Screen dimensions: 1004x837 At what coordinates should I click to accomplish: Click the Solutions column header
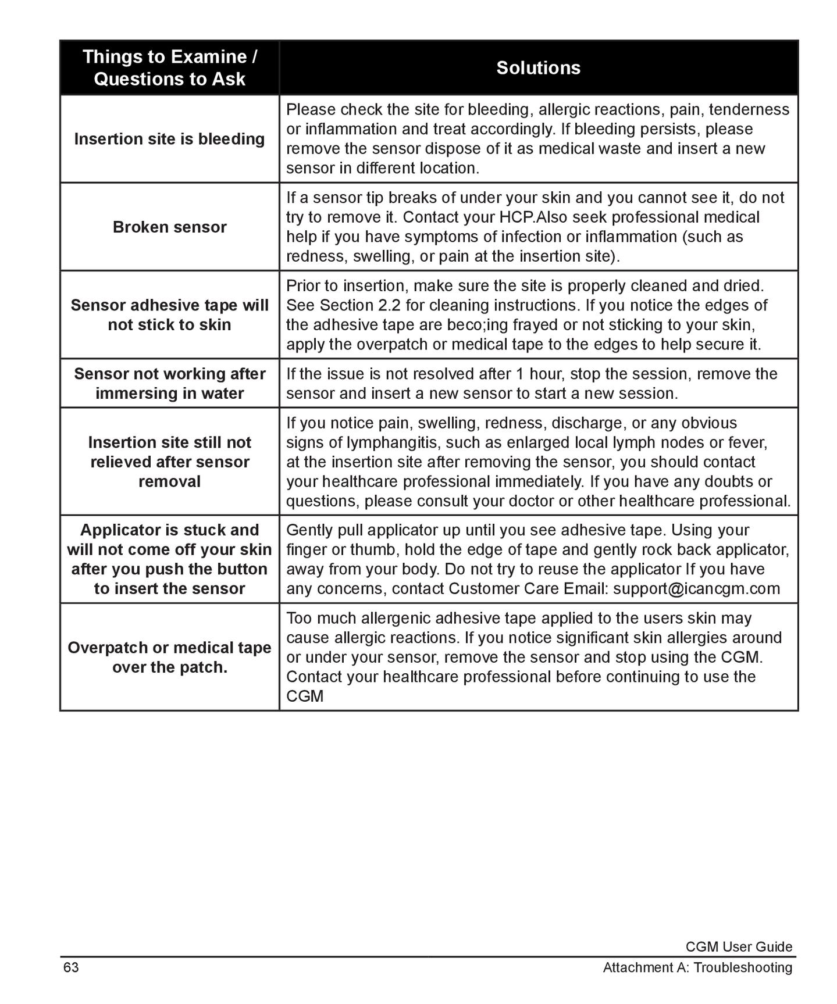pos(538,68)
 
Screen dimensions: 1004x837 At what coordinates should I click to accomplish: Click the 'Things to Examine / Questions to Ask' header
pos(169,68)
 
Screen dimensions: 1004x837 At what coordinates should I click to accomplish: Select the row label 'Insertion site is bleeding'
pos(169,139)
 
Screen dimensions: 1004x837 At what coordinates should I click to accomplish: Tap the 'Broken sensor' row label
pos(169,227)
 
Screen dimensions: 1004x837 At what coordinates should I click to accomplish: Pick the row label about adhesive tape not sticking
pos(169,315)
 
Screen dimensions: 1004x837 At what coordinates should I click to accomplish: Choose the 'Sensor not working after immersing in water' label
pos(169,384)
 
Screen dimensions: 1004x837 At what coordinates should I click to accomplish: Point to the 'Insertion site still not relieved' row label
pos(169,462)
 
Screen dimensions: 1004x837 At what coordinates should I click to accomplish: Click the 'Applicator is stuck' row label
pos(169,559)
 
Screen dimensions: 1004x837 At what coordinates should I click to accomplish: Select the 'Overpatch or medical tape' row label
pos(169,658)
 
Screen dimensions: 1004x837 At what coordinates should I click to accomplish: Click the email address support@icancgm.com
pos(696,589)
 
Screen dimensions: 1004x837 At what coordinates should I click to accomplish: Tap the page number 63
pos(71,967)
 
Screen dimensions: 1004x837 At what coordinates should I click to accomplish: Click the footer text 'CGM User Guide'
pos(739,947)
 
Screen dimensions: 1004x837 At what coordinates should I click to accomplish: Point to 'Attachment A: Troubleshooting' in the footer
pos(697,968)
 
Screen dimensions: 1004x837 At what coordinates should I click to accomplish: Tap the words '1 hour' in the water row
pos(537,374)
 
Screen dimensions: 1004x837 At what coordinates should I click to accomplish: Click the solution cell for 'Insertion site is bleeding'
pos(538,139)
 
